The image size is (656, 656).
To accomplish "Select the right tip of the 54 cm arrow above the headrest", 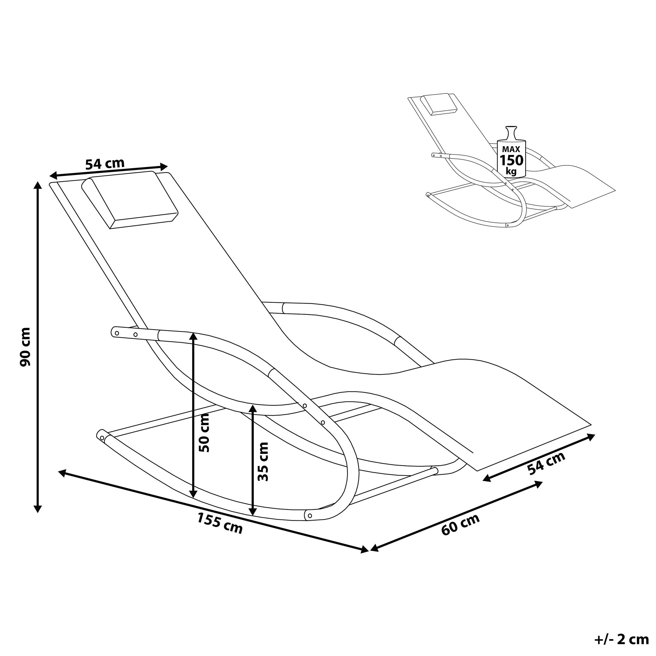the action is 168,166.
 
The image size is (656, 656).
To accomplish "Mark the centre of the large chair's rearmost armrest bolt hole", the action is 117,332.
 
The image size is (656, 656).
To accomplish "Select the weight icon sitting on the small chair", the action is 511,151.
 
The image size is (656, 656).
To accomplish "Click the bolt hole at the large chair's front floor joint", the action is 310,525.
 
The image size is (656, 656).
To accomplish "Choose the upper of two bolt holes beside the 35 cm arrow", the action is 304,406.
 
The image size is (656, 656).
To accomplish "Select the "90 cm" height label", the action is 25,347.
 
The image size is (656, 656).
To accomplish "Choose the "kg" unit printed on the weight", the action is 511,171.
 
